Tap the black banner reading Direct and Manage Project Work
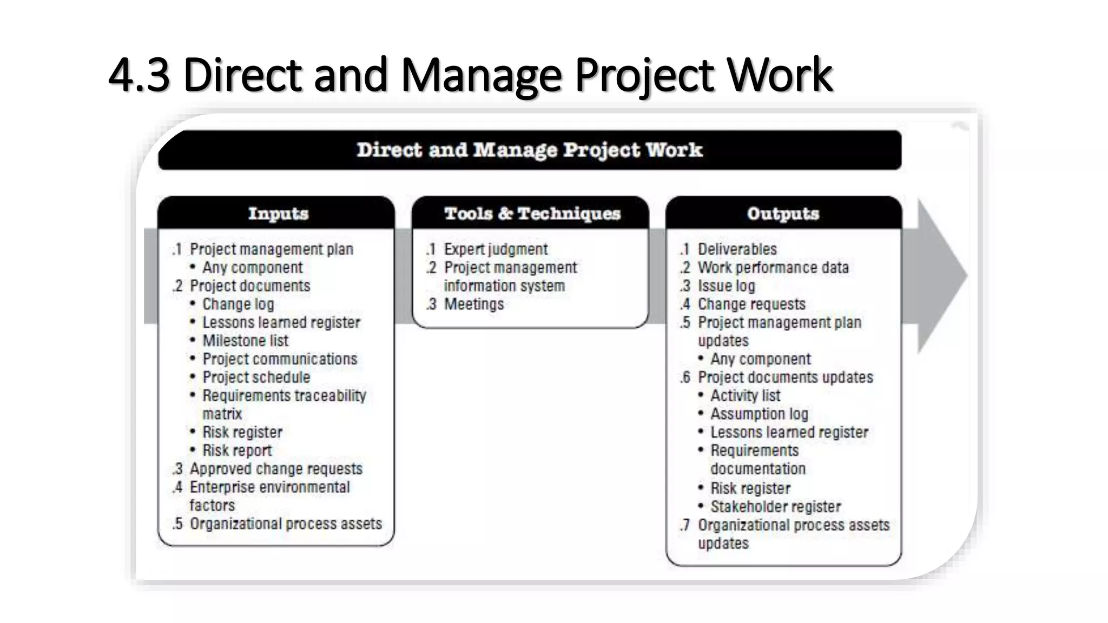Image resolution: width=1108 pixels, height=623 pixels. [529, 150]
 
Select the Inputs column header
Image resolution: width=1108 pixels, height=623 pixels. [278, 213]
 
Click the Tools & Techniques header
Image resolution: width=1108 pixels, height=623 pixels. [532, 213]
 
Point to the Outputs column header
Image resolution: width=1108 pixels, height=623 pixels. [783, 213]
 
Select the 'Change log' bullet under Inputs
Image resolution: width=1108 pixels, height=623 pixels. [238, 304]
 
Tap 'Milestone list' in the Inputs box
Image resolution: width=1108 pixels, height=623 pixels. [245, 341]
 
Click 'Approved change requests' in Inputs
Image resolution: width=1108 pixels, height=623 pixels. [276, 469]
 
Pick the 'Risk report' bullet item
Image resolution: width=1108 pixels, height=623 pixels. [237, 450]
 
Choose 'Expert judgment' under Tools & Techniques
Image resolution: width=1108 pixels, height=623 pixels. [496, 249]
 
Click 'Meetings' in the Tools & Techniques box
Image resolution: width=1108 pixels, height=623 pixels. [473, 304]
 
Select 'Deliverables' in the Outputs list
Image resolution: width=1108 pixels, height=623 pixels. [737, 249]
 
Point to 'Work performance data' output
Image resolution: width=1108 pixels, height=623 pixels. [773, 268]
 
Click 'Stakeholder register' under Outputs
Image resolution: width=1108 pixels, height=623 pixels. [775, 507]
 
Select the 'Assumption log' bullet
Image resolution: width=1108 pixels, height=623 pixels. [759, 414]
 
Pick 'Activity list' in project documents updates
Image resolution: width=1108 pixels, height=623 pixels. [745, 396]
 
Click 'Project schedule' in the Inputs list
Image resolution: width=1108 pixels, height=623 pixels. [256, 377]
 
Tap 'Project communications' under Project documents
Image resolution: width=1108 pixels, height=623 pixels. [280, 359]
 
